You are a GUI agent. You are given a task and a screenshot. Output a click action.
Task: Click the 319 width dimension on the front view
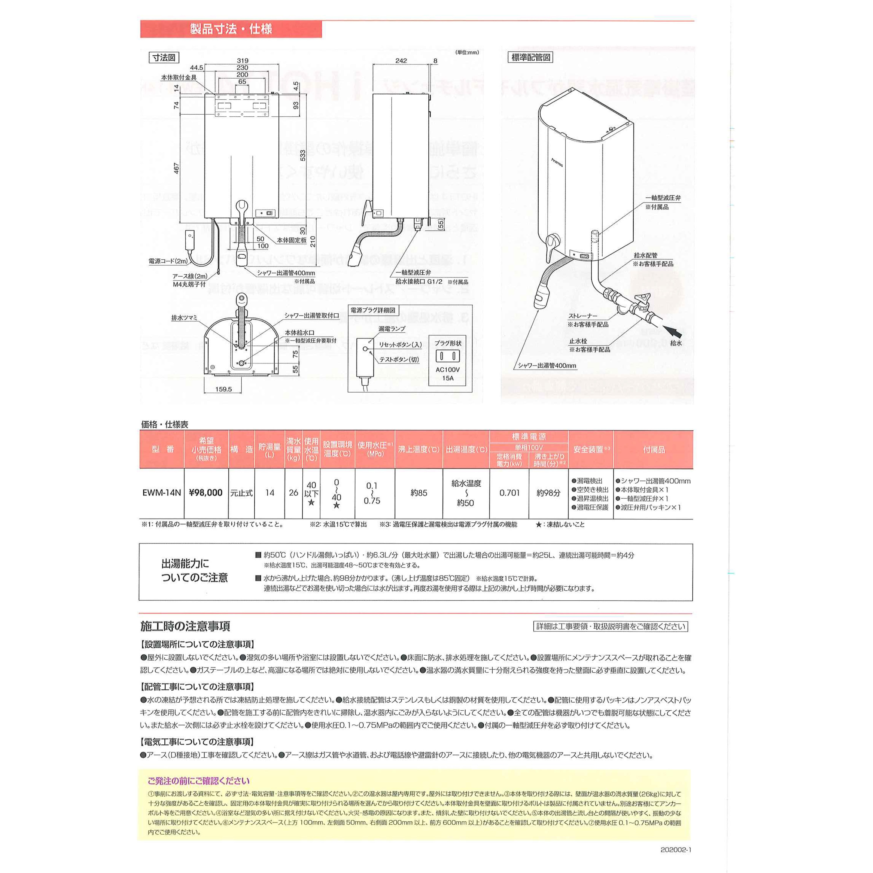243,61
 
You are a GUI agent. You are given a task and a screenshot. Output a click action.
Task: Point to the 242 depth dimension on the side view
401,61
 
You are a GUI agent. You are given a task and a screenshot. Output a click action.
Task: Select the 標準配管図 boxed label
531,57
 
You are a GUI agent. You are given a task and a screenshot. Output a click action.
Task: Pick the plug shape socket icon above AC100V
448,356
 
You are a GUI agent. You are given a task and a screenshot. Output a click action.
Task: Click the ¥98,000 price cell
206,493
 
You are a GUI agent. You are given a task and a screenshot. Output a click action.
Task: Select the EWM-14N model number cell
162,493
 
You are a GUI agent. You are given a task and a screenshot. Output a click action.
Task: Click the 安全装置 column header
591,450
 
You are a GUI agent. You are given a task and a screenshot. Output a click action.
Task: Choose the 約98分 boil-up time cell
548,493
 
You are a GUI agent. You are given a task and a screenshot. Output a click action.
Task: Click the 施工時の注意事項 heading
185,626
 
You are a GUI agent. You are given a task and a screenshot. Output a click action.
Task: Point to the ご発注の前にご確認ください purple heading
198,781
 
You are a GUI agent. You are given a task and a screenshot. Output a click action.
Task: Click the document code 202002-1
675,849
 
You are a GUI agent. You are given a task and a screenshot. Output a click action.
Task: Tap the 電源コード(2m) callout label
168,261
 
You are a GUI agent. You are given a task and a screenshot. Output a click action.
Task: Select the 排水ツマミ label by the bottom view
184,318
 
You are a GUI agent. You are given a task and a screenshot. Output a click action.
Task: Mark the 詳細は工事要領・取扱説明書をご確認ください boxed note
611,626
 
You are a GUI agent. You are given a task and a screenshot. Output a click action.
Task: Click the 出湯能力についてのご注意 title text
194,571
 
